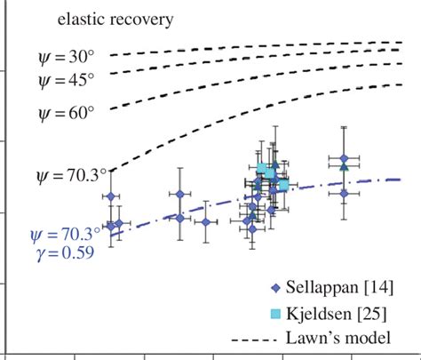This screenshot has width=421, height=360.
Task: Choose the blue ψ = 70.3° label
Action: coord(66,236)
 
